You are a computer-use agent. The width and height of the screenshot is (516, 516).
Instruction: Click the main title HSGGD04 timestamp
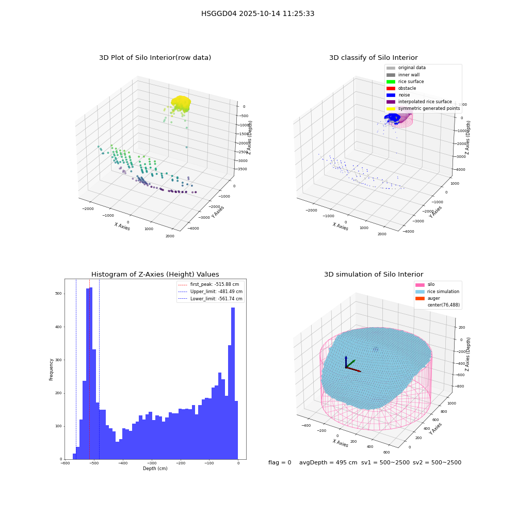pos(257,13)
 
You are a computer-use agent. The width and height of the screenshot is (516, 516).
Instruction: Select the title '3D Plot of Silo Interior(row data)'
pos(155,58)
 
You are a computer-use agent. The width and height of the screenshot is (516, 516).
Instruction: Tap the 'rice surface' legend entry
pos(405,82)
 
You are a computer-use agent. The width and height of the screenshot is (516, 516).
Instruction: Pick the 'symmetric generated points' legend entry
pos(423,108)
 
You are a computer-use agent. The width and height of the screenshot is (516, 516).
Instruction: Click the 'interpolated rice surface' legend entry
pos(419,102)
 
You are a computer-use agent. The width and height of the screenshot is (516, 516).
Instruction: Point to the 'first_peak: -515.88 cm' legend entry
pos(208,284)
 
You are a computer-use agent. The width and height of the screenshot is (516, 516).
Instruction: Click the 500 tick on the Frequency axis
pos(59,294)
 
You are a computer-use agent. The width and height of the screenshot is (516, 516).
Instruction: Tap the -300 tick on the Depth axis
pos(152,463)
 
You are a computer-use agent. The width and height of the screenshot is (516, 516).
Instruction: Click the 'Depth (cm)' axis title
pos(155,469)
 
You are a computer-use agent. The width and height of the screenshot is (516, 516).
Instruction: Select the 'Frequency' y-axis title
pos(51,369)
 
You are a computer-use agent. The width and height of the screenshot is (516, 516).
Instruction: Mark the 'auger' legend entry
pos(427,298)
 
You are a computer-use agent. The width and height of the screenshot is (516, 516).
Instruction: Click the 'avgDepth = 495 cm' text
pos(328,462)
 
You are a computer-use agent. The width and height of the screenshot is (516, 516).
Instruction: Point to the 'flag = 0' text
pos(280,462)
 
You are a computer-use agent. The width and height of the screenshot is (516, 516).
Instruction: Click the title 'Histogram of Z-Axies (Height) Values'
pos(155,275)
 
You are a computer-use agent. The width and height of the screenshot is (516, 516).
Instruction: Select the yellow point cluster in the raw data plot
pos(181,103)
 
